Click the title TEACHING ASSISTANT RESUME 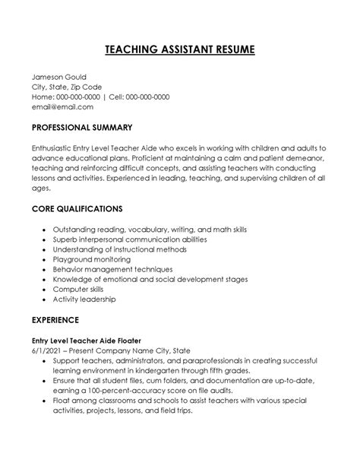coord(180,50)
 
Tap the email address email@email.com coord(64,107)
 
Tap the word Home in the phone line coord(43,97)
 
